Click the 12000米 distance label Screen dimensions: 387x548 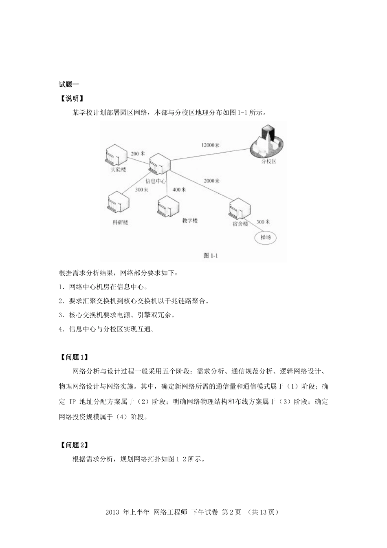pos(210,145)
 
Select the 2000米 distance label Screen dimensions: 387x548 pos(211,180)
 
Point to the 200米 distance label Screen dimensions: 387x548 pos(138,154)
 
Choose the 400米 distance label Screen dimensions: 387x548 pos(179,190)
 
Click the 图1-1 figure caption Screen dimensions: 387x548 pos(211,255)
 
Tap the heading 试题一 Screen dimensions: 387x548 pos(69,84)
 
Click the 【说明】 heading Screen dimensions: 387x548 pos(72,98)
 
